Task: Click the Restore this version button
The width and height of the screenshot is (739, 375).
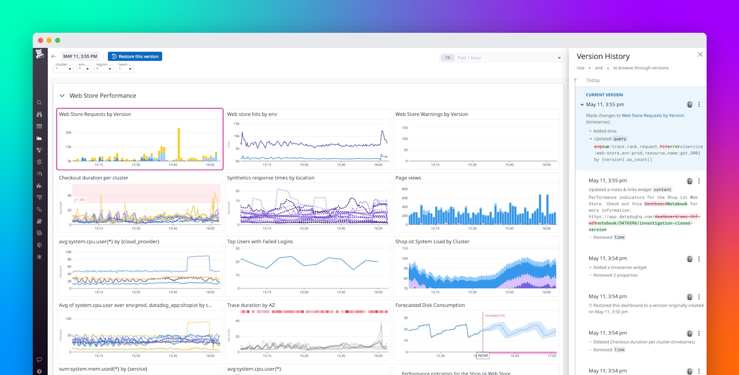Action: click(x=135, y=56)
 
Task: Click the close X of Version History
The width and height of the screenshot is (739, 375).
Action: click(x=700, y=54)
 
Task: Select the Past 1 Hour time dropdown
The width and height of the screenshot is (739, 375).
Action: click(x=501, y=57)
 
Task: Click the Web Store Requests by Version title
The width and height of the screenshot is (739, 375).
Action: click(x=95, y=114)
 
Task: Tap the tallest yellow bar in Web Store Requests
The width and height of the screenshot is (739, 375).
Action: click(x=179, y=143)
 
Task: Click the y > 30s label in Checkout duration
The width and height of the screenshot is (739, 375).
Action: click(x=80, y=199)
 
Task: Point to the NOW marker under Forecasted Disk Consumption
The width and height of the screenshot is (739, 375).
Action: click(x=482, y=355)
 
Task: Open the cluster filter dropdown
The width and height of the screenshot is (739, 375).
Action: click(x=63, y=69)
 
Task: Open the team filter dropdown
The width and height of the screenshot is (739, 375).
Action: click(x=125, y=69)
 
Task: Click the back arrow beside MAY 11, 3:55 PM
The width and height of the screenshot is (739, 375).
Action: click(x=54, y=56)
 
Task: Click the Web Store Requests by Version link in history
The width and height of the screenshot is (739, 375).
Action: click(x=652, y=115)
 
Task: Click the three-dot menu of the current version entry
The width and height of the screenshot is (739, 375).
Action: click(x=699, y=104)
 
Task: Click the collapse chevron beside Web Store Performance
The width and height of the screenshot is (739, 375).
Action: click(x=62, y=95)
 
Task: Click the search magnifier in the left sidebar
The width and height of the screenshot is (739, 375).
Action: click(x=40, y=103)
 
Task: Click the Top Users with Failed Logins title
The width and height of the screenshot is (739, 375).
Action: click(x=260, y=242)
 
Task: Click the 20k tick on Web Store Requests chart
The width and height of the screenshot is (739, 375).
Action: click(x=68, y=132)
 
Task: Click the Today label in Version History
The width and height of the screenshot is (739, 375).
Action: click(x=593, y=80)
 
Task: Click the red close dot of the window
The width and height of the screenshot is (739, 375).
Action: click(x=41, y=40)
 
